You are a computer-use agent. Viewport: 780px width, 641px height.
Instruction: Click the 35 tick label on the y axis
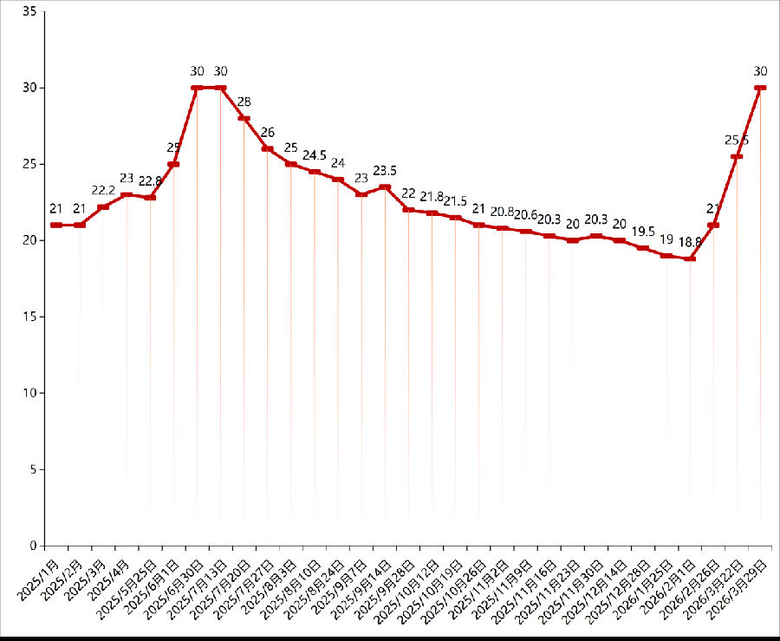coord(30,11)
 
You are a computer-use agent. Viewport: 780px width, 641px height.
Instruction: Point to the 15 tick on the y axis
coord(30,317)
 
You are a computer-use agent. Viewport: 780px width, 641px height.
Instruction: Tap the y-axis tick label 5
coord(34,469)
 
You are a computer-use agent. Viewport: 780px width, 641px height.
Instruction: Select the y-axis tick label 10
coord(30,393)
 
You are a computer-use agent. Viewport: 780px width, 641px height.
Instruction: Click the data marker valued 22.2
coord(103,206)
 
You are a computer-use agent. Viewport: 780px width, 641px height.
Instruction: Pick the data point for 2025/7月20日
coord(244,118)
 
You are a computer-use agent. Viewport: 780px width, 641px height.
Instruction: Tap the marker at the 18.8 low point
coord(691,258)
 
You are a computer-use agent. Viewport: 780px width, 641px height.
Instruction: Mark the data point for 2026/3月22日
coord(738,156)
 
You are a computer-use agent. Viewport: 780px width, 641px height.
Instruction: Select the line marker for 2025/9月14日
coord(385,186)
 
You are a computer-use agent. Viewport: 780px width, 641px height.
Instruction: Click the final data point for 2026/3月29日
coord(761,88)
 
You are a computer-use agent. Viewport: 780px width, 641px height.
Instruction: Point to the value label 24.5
coord(315,155)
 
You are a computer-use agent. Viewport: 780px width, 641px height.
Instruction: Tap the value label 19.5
coord(643,232)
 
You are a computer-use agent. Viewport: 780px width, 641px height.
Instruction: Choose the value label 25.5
coord(738,140)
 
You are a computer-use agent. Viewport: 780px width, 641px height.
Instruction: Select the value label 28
coord(244,101)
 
